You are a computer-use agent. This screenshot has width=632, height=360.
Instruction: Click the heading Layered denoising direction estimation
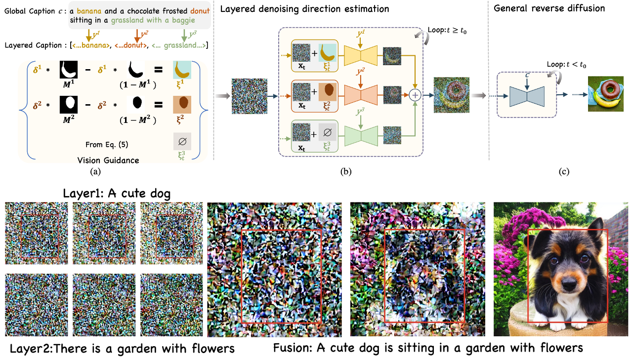coord(304,8)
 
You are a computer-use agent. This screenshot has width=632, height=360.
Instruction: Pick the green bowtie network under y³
coord(362,134)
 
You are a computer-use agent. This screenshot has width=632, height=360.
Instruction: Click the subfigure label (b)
coord(346,171)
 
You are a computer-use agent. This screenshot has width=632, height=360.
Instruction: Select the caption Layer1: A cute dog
coord(117,193)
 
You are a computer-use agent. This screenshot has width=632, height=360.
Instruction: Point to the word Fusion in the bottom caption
coord(292,348)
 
